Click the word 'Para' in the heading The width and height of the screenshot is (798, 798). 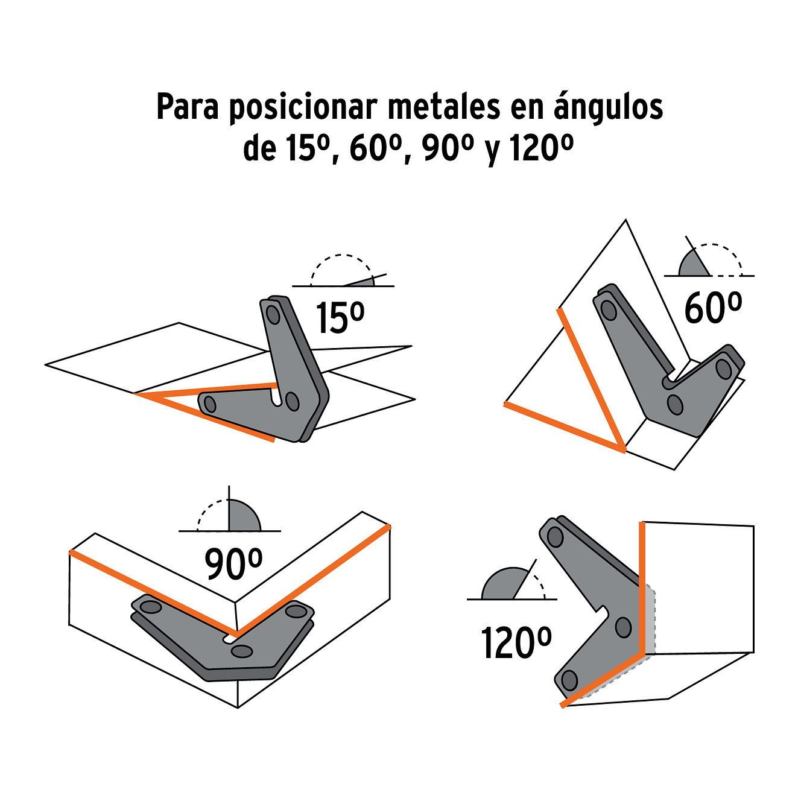tap(187, 107)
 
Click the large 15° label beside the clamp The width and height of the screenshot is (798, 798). tap(340, 318)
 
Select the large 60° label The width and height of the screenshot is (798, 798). tap(712, 308)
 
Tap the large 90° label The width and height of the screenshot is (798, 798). tap(233, 564)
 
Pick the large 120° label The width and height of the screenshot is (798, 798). tap(516, 643)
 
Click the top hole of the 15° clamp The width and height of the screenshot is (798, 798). tap(273, 314)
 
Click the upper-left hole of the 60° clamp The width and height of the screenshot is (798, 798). tap(609, 311)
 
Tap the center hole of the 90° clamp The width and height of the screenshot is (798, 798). tap(242, 651)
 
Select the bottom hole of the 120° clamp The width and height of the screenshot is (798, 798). tap(568, 680)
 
